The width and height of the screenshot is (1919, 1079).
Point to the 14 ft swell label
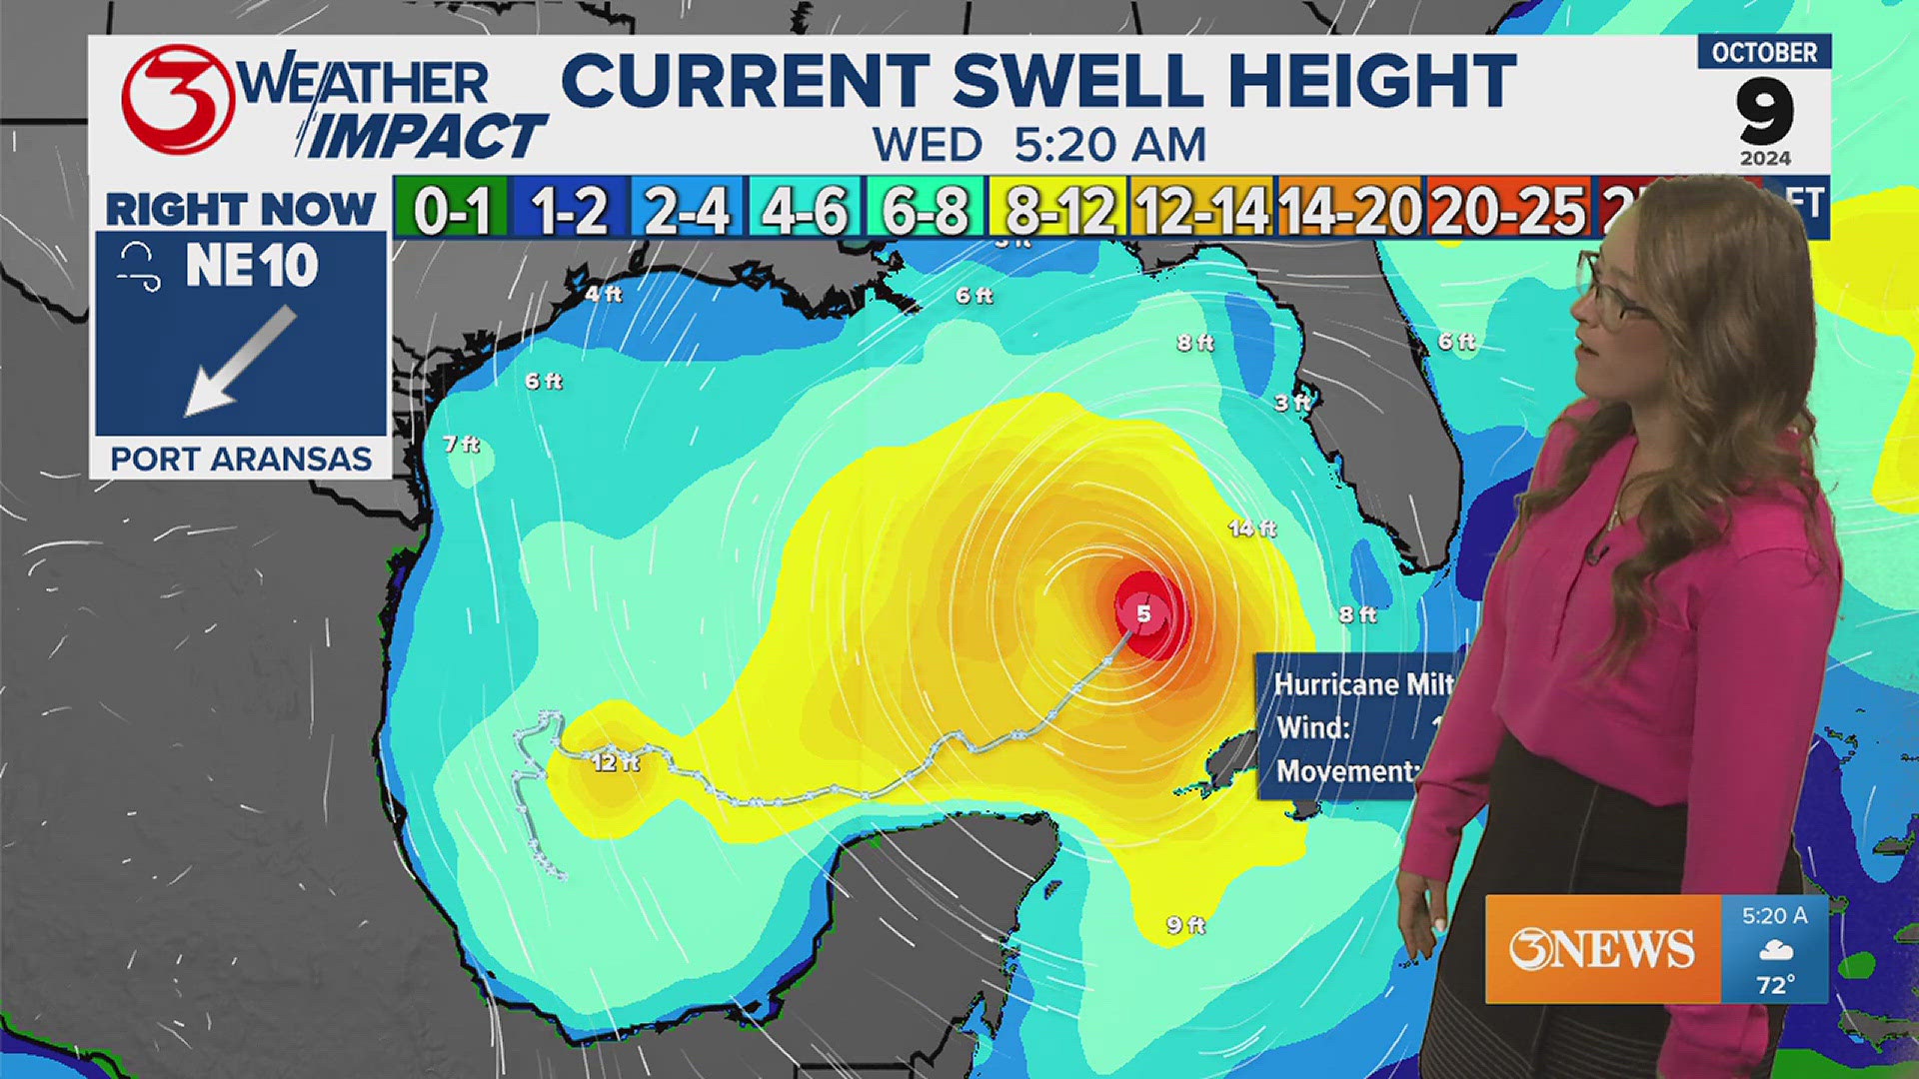tap(1252, 528)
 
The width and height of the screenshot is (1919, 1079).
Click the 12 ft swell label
tap(615, 762)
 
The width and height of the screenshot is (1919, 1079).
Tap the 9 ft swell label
tap(1185, 925)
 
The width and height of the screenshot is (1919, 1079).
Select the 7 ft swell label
tap(461, 444)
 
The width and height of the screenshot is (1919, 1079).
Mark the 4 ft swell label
tap(603, 294)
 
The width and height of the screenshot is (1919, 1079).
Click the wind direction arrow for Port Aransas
tap(241, 361)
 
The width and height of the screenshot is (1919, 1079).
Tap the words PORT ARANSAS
tap(241, 459)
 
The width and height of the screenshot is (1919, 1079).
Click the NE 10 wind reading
tap(251, 266)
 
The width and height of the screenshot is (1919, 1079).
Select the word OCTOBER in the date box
tap(1764, 53)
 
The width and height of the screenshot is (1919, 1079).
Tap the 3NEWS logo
tap(1601, 949)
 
